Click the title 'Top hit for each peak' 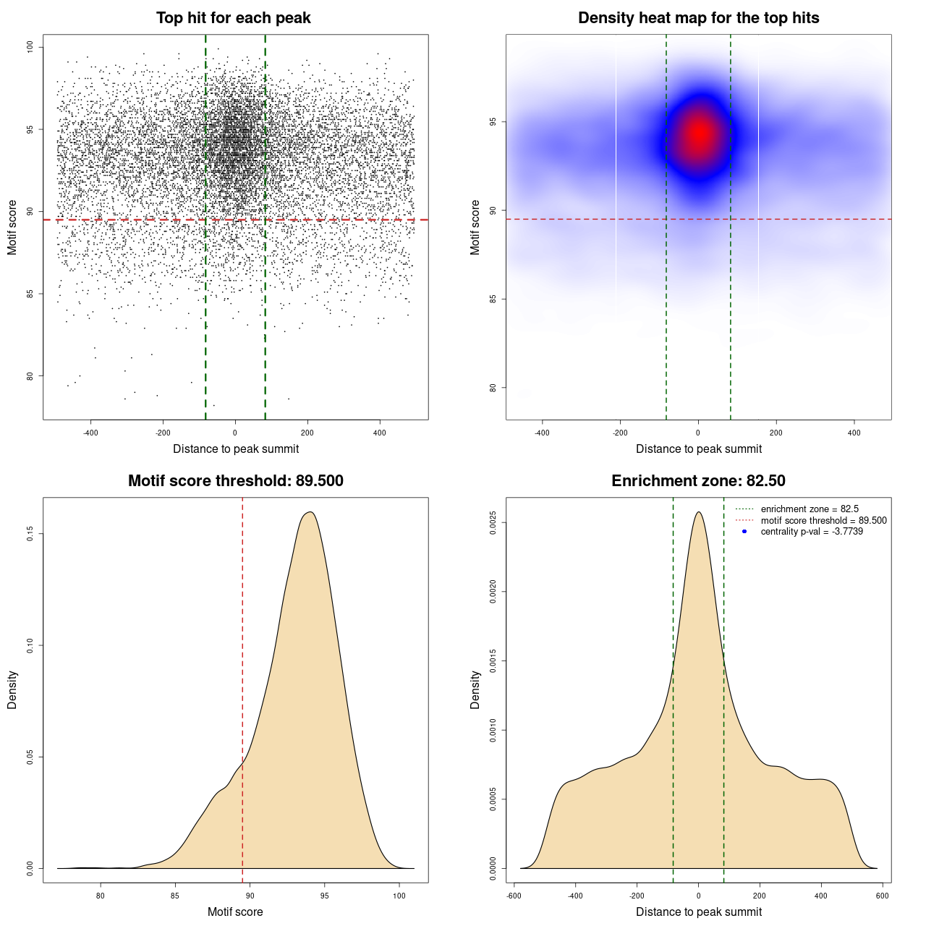pos(233,18)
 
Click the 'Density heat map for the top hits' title pos(698,18)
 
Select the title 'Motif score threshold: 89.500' pos(235,481)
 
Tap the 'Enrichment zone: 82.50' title pos(698,481)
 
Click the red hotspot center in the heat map pos(700,133)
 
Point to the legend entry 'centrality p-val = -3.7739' pos(812,532)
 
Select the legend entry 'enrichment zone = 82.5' pos(810,509)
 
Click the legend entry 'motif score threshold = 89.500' pos(823,521)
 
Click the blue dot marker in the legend pos(744,532)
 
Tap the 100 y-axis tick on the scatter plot pos(30,47)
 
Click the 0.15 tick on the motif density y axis pos(30,534)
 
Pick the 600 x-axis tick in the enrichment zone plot pos(882,896)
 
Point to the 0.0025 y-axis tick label pos(493,522)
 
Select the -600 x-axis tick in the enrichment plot pos(514,896)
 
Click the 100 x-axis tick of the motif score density pos(399,896)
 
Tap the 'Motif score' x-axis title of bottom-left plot pos(235,912)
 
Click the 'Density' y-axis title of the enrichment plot pos(475,689)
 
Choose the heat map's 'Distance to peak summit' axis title pos(698,449)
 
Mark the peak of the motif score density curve pos(310,512)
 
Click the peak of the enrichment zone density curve pos(698,512)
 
